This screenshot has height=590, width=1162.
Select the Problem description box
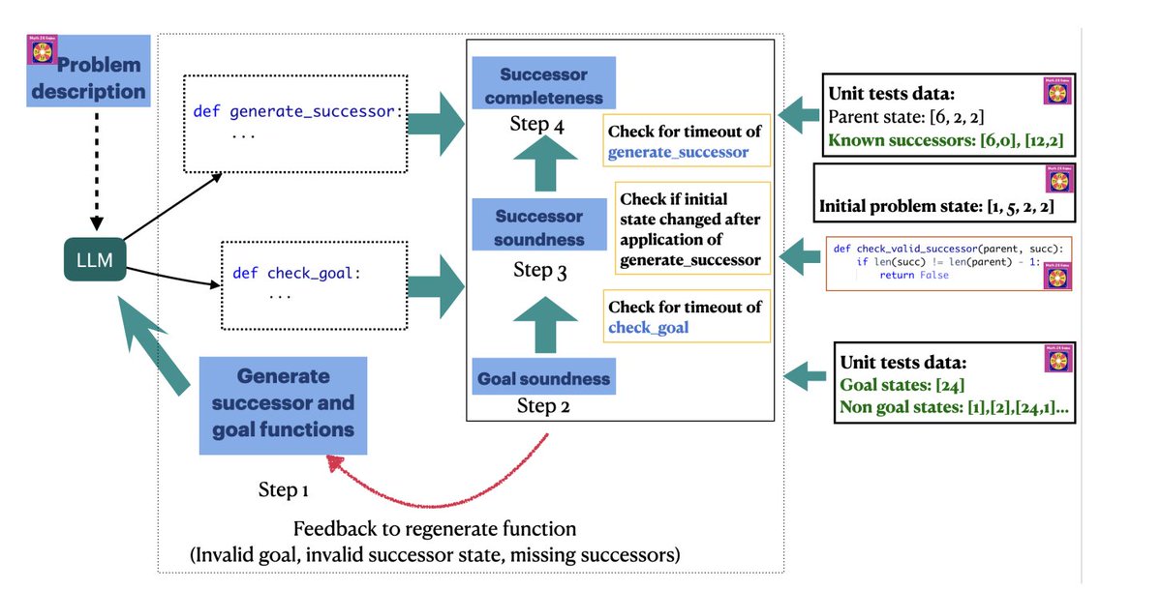pos(88,79)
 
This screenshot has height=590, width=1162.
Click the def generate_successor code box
pos(295,123)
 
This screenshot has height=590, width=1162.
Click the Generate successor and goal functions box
pos(283,403)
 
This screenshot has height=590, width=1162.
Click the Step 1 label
pos(283,488)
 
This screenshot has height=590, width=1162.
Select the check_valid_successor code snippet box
pos(947,262)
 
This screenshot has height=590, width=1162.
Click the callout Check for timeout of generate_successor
pos(686,141)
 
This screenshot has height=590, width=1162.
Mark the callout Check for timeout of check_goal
pos(686,317)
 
